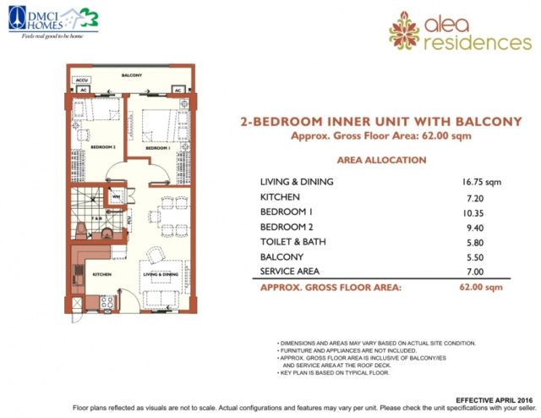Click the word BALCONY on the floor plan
pyautogui.click(x=130, y=75)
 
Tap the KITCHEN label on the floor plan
pyautogui.click(x=101, y=275)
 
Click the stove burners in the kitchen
pyautogui.click(x=107, y=300)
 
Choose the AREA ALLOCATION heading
pyautogui.click(x=375, y=159)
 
